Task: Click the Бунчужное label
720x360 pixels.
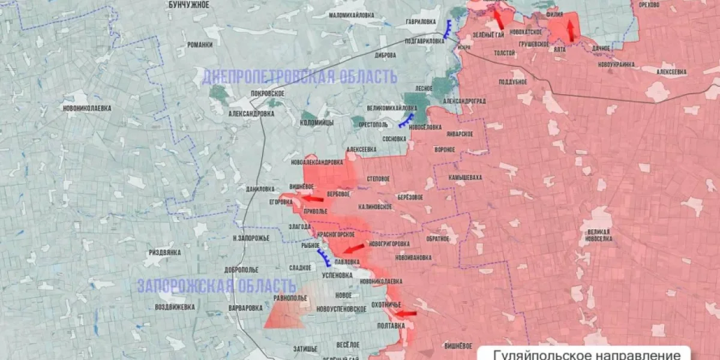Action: pyautogui.click(x=188, y=5)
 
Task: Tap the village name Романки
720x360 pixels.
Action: pyautogui.click(x=200, y=44)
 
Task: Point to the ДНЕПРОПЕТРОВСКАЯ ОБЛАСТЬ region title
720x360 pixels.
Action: pyautogui.click(x=299, y=77)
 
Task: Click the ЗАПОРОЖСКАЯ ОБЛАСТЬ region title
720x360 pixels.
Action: pyautogui.click(x=217, y=286)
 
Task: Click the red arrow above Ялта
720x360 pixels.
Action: pyautogui.click(x=571, y=31)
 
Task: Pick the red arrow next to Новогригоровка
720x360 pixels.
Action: pyautogui.click(x=354, y=248)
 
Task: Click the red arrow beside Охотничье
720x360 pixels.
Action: pyautogui.click(x=406, y=313)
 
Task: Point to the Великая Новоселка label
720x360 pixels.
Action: pyautogui.click(x=599, y=235)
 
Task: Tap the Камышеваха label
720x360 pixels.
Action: pyautogui.click(x=465, y=178)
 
